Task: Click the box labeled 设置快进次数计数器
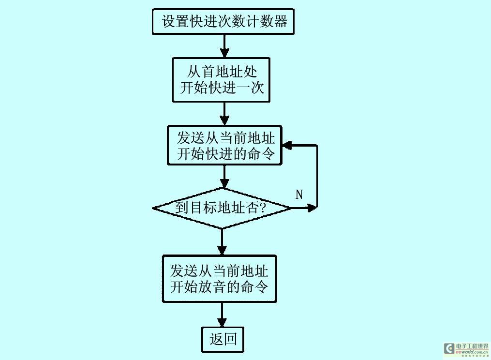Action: (223, 22)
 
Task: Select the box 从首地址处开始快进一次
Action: (221, 80)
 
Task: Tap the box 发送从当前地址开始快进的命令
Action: (224, 146)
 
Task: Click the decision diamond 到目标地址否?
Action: (222, 208)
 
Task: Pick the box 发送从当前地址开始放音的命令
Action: (219, 278)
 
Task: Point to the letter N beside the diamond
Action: (299, 195)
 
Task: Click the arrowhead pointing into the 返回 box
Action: (222, 322)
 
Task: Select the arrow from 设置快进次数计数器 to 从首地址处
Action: (224, 46)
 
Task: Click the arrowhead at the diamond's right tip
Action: (312, 208)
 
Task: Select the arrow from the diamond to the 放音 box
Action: (222, 242)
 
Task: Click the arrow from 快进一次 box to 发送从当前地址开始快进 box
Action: (224, 114)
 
